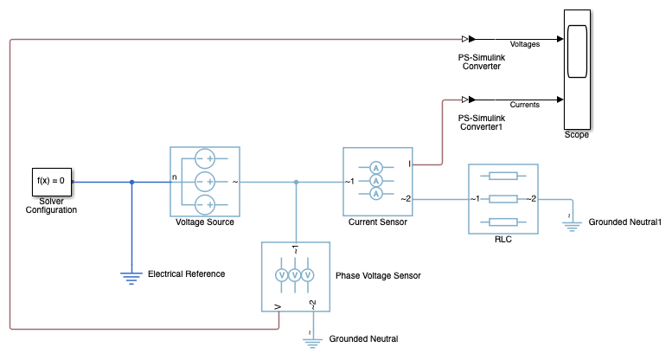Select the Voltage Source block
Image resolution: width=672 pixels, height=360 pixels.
click(204, 182)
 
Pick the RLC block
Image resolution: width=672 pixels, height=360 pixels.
click(503, 198)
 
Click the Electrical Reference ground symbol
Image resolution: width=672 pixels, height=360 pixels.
click(131, 277)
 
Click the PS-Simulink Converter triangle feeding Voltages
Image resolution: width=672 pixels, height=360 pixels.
click(466, 39)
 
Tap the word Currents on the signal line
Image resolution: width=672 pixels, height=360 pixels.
click(526, 104)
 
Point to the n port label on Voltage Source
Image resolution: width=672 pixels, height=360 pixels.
click(175, 177)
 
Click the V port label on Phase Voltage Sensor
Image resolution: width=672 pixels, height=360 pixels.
click(278, 305)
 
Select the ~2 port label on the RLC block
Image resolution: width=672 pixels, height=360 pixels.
click(532, 198)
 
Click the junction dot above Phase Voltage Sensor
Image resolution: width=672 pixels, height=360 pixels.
click(296, 182)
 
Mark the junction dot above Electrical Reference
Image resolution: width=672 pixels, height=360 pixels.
click(131, 182)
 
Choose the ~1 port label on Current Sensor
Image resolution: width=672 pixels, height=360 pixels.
click(350, 182)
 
